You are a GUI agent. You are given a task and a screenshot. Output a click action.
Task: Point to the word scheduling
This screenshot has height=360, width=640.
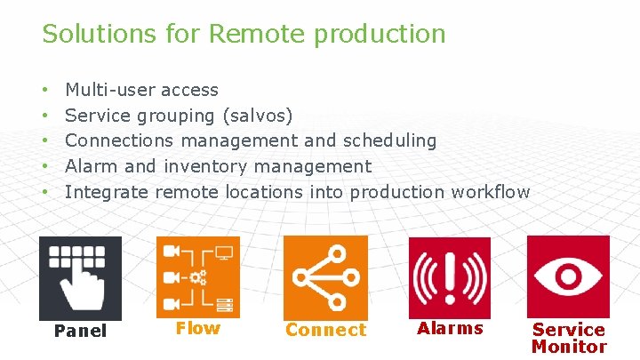coord(392,140)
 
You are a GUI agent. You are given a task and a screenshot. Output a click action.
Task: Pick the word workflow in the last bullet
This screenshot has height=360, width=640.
coord(491,192)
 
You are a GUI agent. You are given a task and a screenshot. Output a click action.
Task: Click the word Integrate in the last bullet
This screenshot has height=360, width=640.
coord(107,192)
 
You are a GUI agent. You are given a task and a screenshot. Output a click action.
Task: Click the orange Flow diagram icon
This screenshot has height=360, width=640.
coord(197,276)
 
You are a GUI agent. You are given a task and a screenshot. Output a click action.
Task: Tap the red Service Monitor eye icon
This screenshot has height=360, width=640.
coord(568,276)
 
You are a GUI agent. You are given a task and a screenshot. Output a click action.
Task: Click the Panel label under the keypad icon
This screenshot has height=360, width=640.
coord(80,332)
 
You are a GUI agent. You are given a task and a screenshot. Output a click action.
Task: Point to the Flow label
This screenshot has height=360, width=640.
coord(197,328)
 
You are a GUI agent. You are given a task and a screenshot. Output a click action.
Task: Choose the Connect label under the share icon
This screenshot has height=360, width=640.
coord(325,330)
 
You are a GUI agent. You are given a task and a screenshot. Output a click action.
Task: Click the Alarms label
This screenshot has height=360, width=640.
coord(450,328)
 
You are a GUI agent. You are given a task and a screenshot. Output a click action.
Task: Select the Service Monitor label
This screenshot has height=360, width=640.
coord(568,338)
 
